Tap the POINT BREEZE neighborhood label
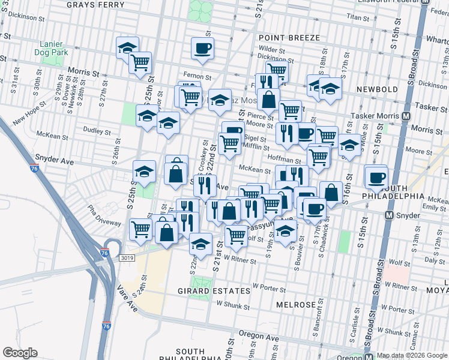click(x=289, y=37)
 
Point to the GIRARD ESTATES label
click(x=205, y=291)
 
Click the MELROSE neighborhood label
click(x=296, y=305)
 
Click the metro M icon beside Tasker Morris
click(x=406, y=116)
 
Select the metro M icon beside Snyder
click(x=390, y=215)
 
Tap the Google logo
click(x=20, y=353)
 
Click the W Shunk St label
click(x=232, y=305)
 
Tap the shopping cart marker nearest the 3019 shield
click(x=140, y=229)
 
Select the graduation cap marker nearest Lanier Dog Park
click(x=127, y=47)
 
